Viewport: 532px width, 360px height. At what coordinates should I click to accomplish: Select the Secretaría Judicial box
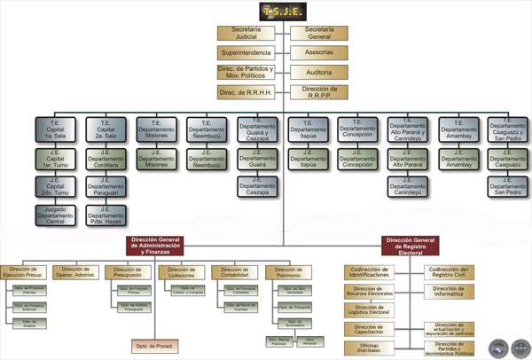[x=251, y=34]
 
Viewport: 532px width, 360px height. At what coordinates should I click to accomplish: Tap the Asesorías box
[x=318, y=53]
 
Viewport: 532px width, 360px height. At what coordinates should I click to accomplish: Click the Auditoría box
[x=318, y=73]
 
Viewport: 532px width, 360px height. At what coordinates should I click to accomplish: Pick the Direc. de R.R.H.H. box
[x=251, y=92]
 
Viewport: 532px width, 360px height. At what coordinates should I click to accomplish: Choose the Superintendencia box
[x=251, y=53]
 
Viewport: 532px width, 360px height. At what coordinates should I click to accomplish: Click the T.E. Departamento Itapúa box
[x=308, y=130]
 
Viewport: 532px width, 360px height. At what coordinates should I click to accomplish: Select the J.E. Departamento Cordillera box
[x=106, y=160]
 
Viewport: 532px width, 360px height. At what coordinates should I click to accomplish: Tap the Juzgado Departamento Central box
[x=55, y=214]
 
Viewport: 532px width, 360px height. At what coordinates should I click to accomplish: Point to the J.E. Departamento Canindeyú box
[x=409, y=187]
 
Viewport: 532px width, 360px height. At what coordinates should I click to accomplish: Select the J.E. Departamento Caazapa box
[x=258, y=187]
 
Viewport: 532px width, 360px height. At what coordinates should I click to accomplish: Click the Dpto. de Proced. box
[x=153, y=344]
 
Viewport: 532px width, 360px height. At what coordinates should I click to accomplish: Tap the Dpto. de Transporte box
[x=289, y=305]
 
